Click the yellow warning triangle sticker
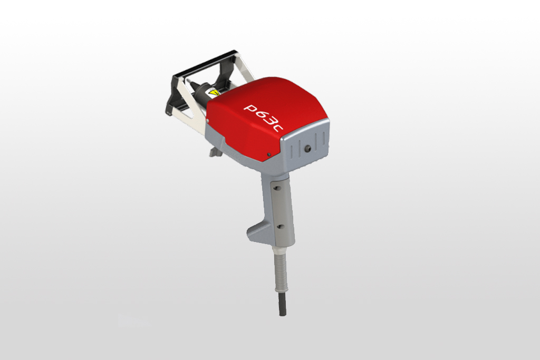point(213,93)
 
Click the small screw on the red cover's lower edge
point(269,154)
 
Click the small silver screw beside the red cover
point(208,121)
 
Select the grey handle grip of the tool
point(277,206)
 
